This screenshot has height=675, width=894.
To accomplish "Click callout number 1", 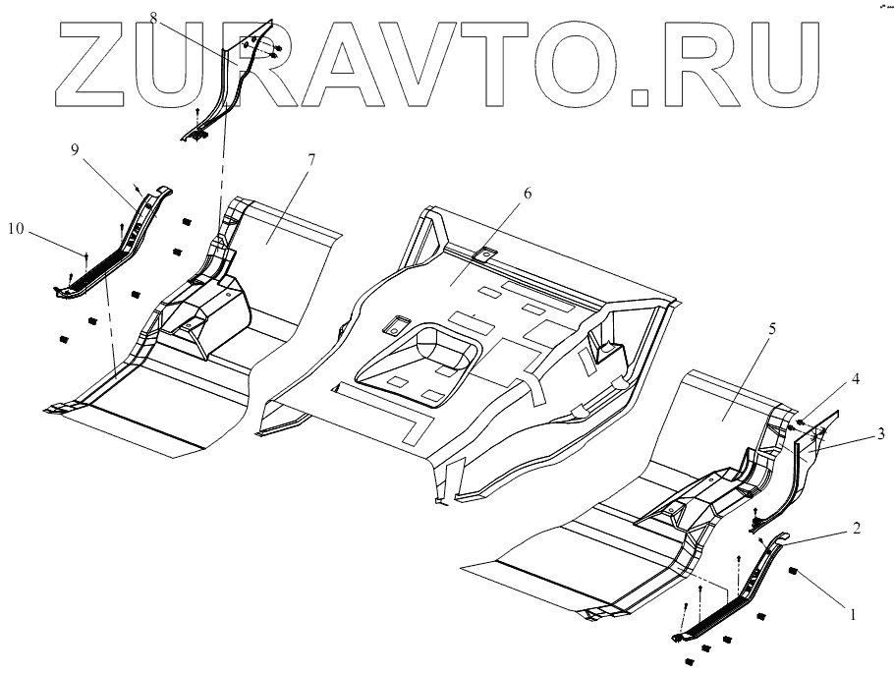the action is [x=853, y=615].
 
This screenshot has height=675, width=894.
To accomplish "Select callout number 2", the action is [x=857, y=529].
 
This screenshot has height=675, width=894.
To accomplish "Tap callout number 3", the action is [x=855, y=433].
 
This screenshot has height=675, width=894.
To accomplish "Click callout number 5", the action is [x=771, y=329].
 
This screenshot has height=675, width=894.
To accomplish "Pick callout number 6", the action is [x=527, y=194].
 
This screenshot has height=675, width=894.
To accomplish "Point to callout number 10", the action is [x=16, y=229].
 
